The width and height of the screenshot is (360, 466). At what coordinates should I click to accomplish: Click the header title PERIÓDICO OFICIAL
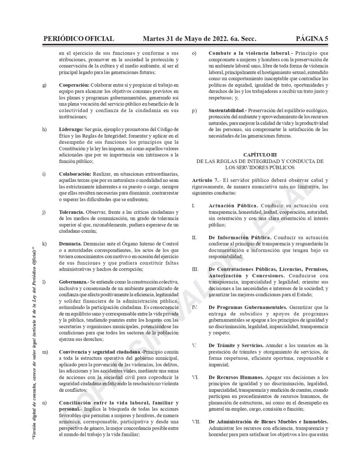click(78, 39)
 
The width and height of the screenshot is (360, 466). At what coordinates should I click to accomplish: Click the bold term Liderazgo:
click(72, 129)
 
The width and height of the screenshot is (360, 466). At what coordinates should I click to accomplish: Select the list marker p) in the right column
click(194, 110)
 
